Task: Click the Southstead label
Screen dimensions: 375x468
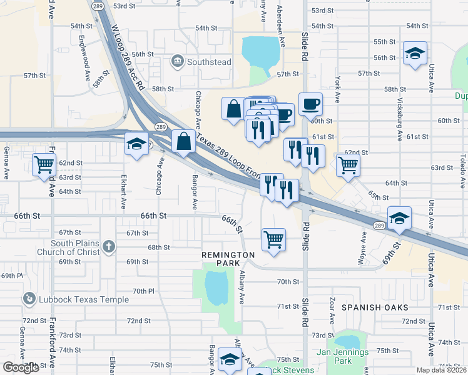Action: click(209, 62)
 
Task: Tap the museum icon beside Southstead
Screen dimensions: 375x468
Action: click(178, 61)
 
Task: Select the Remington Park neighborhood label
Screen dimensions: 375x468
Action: click(228, 259)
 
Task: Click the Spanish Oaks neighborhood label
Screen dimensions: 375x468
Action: click(375, 307)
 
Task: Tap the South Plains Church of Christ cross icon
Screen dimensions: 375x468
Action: click(109, 246)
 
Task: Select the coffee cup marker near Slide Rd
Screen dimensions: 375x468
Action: click(310, 104)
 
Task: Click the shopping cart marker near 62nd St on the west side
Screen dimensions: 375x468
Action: click(44, 165)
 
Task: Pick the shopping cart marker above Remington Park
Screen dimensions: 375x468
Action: click(273, 239)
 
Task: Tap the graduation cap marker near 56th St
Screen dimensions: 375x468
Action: click(415, 54)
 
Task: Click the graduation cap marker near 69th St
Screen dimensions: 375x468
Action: click(399, 218)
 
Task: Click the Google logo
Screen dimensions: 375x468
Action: click(21, 367)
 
